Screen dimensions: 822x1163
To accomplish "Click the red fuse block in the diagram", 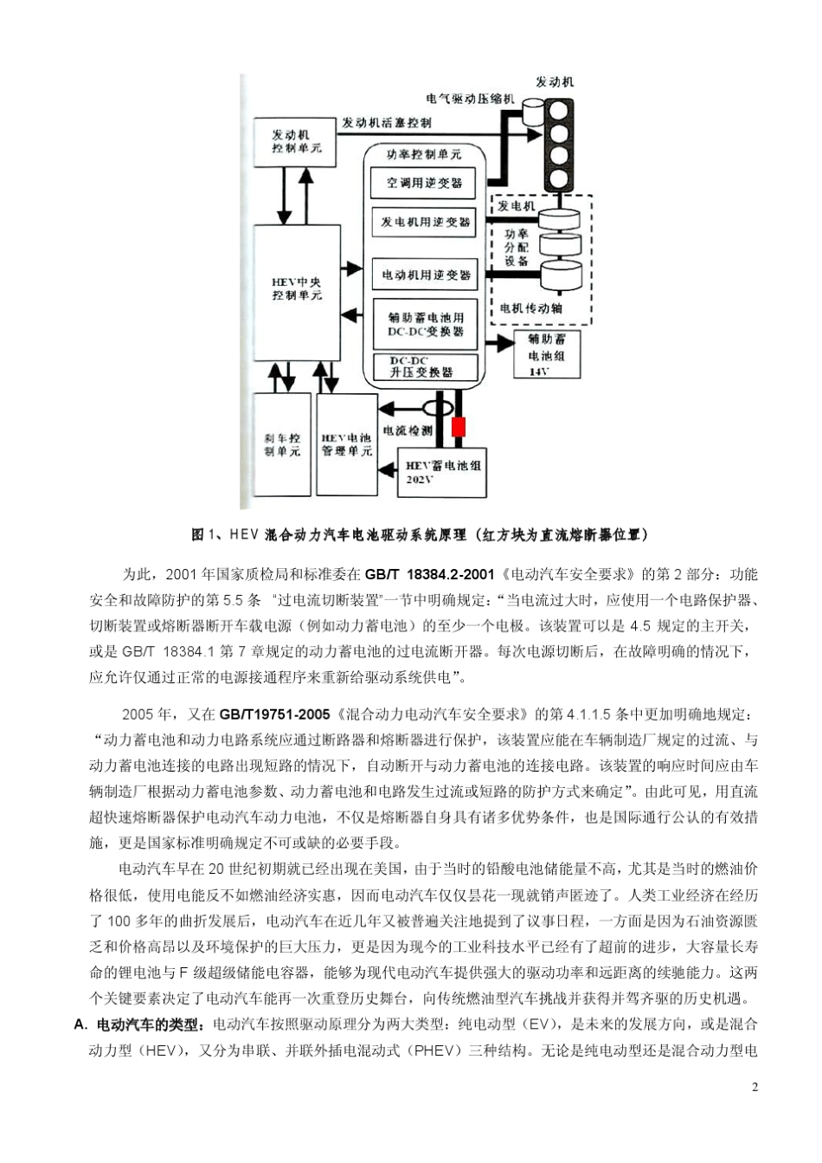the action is (459, 427).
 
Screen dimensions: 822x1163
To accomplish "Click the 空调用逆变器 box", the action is (424, 183).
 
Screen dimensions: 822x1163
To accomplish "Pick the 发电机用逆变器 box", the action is (424, 223).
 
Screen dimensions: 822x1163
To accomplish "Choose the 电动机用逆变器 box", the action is (424, 275).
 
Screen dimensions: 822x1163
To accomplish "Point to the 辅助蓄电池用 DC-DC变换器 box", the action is (424, 325).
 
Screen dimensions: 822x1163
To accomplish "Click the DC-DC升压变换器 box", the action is (424, 368).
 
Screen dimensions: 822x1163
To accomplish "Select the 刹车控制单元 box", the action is (281, 445).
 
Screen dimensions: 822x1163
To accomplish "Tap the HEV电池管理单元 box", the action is (346, 445).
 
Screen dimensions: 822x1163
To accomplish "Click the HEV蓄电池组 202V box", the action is (442, 473).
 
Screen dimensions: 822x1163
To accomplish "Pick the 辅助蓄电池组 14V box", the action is (546, 354).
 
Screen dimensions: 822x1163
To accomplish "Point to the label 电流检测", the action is (407, 430).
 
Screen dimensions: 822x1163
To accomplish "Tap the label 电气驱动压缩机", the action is (470, 100).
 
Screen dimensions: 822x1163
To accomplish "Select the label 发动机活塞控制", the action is (386, 122).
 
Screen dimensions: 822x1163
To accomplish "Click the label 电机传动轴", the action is (530, 307).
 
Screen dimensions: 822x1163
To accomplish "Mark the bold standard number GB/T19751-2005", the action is (274, 714).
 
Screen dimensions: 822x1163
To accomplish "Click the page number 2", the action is (755, 1088).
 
